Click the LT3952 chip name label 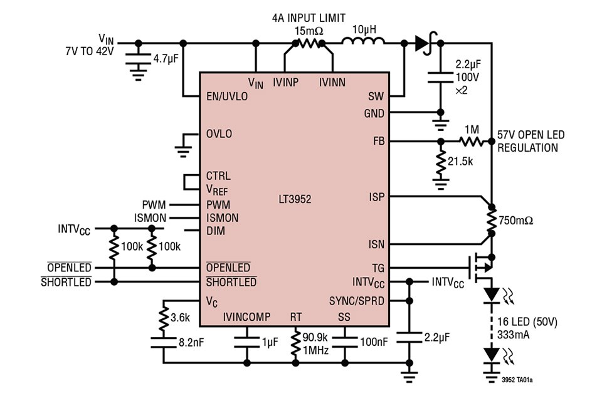tap(295, 200)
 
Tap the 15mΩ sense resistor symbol tap(308, 43)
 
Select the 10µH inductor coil tap(363, 43)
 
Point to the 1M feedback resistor tap(472, 141)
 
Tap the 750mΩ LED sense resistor tap(492, 220)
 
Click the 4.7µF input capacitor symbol tap(138, 60)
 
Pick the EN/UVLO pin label tap(226, 96)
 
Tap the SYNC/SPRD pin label tap(357, 300)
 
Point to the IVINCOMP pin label tap(246, 317)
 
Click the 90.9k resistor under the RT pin tap(296, 344)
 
